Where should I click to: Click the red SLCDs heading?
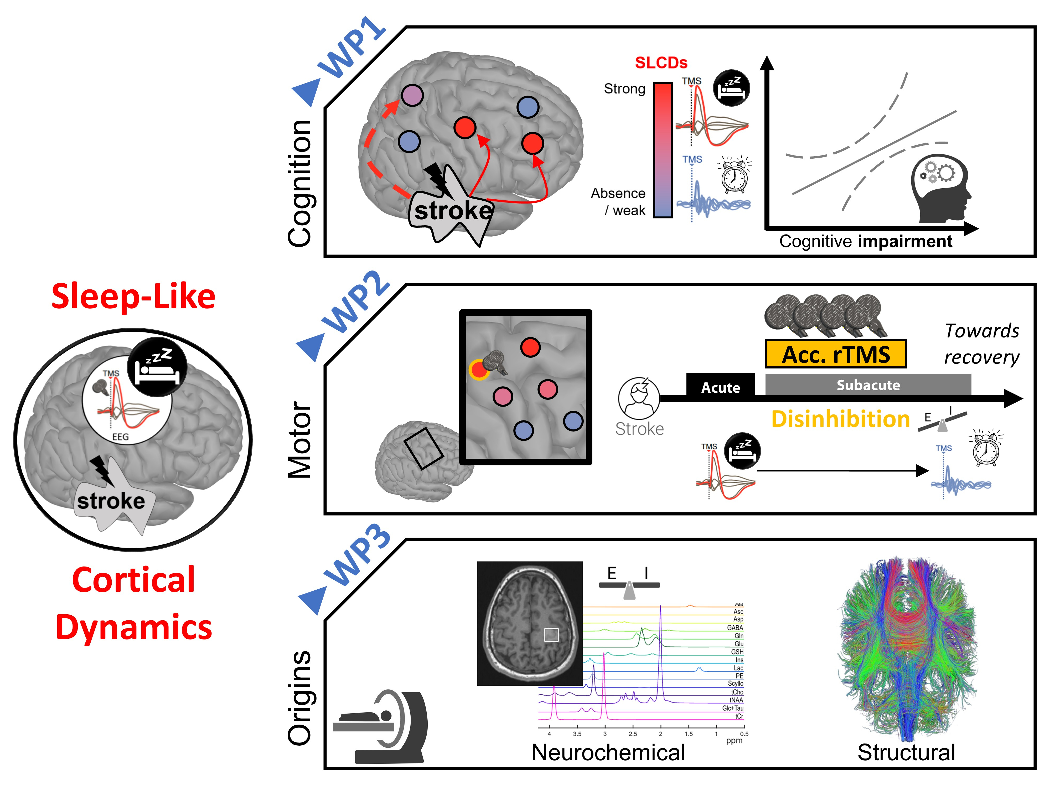coord(661,63)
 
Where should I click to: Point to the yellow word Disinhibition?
coord(840,419)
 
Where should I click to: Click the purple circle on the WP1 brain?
coord(412,95)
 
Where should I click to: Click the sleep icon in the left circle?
coord(157,366)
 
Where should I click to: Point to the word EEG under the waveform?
coord(120,437)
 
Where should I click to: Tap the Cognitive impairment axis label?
coord(866,241)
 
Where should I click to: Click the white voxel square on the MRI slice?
coord(551,635)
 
